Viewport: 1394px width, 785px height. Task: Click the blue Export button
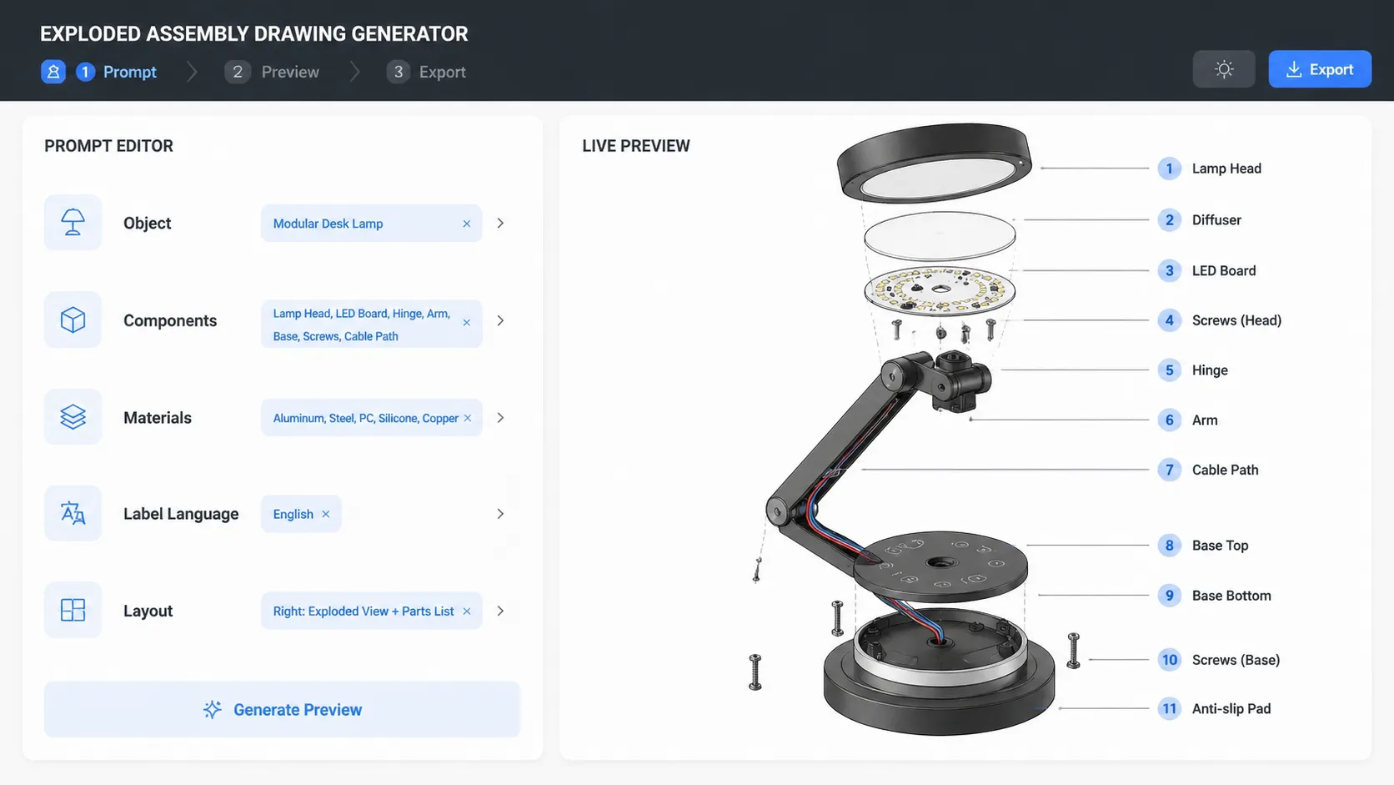1319,69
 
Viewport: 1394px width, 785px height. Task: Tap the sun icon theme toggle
1223,69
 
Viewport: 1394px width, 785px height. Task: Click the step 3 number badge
398,72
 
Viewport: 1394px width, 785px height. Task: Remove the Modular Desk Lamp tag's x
466,224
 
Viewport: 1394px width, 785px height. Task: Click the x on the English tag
326,514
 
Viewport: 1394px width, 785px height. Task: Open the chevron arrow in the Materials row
500,418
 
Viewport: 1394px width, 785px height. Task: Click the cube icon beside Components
73,320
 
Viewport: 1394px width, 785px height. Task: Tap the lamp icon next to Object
73,223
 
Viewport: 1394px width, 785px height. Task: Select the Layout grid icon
73,611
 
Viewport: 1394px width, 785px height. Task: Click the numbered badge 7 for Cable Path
1169,470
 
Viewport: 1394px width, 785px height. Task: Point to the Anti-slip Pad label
1231,709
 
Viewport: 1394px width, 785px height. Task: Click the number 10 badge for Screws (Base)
1169,660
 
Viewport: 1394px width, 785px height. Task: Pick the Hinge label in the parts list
1209,370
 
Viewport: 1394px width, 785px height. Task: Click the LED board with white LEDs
940,290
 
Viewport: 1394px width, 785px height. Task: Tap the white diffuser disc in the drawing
940,235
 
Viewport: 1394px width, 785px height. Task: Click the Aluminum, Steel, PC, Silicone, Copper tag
365,418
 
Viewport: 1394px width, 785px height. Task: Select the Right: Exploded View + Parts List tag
363,611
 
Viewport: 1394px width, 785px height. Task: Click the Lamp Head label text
1226,169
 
